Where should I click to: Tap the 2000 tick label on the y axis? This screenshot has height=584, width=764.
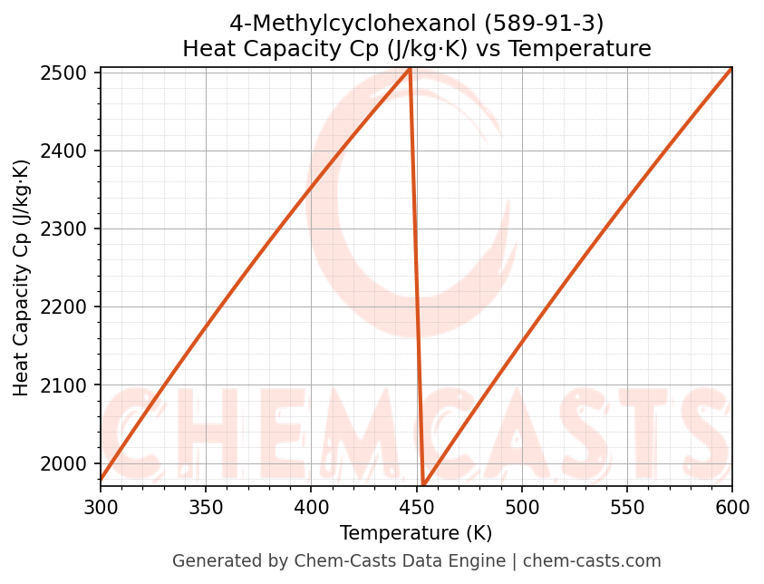pos(70,463)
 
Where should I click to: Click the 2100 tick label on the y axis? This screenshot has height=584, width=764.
pos(70,385)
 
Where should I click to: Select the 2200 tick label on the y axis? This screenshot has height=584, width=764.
pos(70,307)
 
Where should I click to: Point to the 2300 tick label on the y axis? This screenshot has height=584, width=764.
pos(70,229)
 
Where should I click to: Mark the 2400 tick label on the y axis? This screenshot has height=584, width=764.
pos(70,151)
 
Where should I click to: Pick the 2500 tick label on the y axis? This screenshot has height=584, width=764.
pos(70,73)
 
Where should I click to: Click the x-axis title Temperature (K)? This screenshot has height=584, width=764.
pos(416,533)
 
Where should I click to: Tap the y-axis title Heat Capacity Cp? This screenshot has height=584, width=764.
pos(22,277)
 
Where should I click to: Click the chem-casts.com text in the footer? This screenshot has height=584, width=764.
pos(592,561)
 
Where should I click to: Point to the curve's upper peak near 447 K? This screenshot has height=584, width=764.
pos(410,68)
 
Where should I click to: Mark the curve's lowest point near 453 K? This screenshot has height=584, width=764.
pos(423,485)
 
